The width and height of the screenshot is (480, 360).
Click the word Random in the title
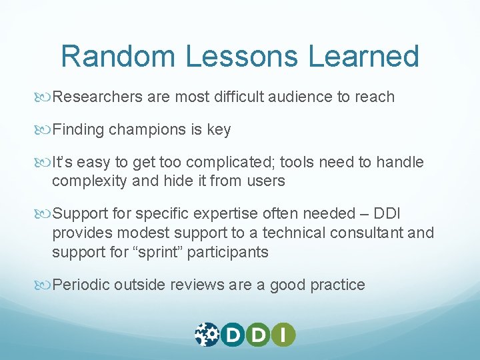click(119, 57)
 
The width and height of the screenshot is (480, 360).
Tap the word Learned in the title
click(363, 57)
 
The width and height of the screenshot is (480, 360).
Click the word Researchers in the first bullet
click(97, 97)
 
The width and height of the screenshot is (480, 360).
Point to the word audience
click(300, 97)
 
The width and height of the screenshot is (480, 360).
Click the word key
click(219, 130)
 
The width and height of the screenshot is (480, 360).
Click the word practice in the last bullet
click(336, 285)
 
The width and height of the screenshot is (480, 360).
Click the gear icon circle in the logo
click(207, 334)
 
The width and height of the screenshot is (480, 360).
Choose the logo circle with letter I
click(283, 334)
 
